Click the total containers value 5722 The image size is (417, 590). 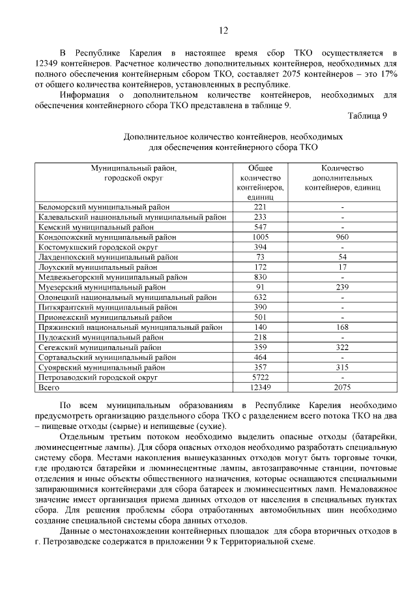tap(261, 377)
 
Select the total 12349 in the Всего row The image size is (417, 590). tap(261, 387)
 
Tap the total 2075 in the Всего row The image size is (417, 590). tap(342, 387)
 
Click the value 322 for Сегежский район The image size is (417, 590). tap(342, 347)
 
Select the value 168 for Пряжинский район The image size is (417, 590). tap(342, 327)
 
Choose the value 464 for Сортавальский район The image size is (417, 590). tap(261, 357)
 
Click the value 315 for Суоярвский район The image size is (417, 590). tap(342, 367)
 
